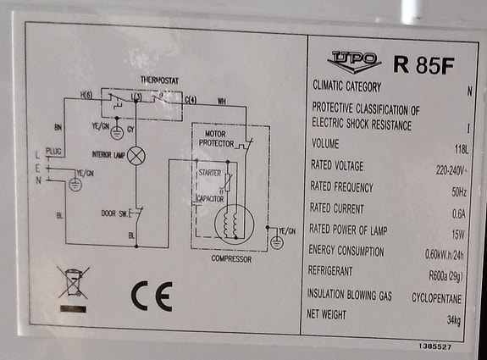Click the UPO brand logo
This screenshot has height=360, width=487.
[354, 62]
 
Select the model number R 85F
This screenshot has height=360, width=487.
[423, 65]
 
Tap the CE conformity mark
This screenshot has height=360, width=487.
[152, 296]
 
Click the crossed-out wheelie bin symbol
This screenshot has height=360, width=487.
[73, 283]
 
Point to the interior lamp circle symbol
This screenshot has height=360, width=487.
[136, 156]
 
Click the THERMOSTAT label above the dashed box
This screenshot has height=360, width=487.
[159, 80]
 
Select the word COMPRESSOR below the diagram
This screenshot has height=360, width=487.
[231, 258]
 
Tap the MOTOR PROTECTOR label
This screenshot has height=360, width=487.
[216, 139]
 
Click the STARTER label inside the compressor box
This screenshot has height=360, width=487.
[210, 173]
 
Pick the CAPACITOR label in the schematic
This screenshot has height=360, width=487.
[210, 199]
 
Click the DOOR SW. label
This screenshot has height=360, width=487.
[114, 213]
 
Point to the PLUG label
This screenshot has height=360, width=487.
[53, 152]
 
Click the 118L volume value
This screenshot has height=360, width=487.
[462, 150]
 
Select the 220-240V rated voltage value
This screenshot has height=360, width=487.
[451, 170]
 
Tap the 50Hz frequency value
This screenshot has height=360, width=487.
[459, 192]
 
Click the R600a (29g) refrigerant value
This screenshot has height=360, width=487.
[445, 275]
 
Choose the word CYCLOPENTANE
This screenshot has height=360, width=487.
[436, 298]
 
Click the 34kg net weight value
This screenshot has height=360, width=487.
[454, 319]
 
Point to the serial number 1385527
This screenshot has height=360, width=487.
[434, 346]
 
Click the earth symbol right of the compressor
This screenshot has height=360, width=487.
[277, 242]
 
